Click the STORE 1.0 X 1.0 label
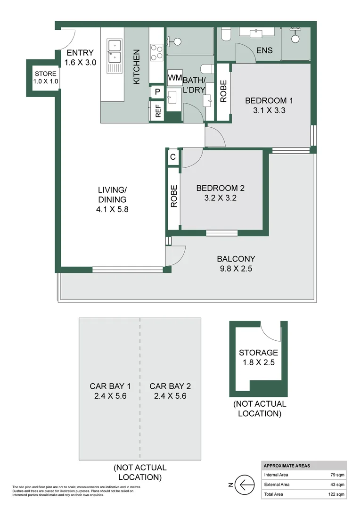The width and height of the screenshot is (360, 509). [x=46, y=77]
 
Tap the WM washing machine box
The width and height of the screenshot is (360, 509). [x=174, y=77]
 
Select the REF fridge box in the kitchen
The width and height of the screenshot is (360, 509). [x=157, y=111]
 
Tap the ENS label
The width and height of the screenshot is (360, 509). [x=264, y=51]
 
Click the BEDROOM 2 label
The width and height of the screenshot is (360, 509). [x=220, y=188]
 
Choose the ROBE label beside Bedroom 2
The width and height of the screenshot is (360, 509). [x=173, y=196]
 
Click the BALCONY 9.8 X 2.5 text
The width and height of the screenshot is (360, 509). [x=236, y=264]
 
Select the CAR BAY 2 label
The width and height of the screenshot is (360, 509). [x=168, y=386]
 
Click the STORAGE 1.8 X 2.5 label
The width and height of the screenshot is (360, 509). [x=258, y=357]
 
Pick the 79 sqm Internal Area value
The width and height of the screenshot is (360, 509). [x=337, y=475]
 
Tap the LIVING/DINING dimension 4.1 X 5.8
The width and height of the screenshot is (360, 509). [x=112, y=209]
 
